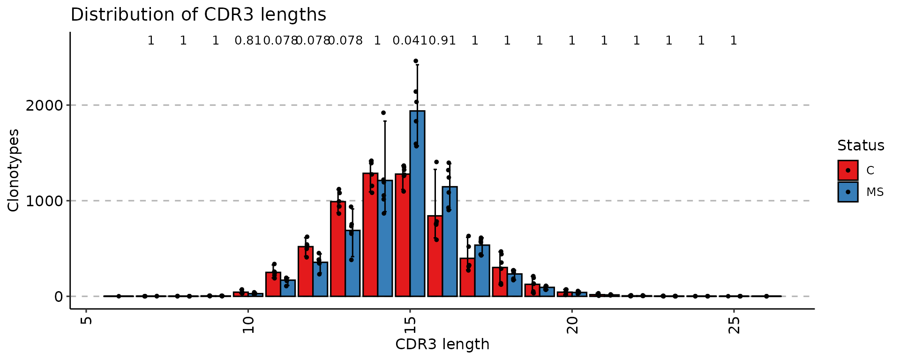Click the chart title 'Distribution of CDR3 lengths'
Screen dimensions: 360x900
click(198, 15)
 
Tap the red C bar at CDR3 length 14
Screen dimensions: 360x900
click(370, 235)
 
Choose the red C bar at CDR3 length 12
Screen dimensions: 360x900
click(306, 271)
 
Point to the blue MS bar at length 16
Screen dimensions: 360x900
click(450, 241)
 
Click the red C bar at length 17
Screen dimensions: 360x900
click(467, 277)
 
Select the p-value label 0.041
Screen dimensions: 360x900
click(406, 41)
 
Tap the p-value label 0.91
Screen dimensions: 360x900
click(442, 41)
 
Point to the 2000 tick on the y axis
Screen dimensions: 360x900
click(44, 105)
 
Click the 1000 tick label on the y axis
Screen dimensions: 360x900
click(44, 201)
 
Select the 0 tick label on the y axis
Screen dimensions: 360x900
click(59, 296)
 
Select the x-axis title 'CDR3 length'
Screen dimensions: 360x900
click(442, 345)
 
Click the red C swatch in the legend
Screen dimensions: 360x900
click(848, 170)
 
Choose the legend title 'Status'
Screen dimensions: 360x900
click(861, 146)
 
